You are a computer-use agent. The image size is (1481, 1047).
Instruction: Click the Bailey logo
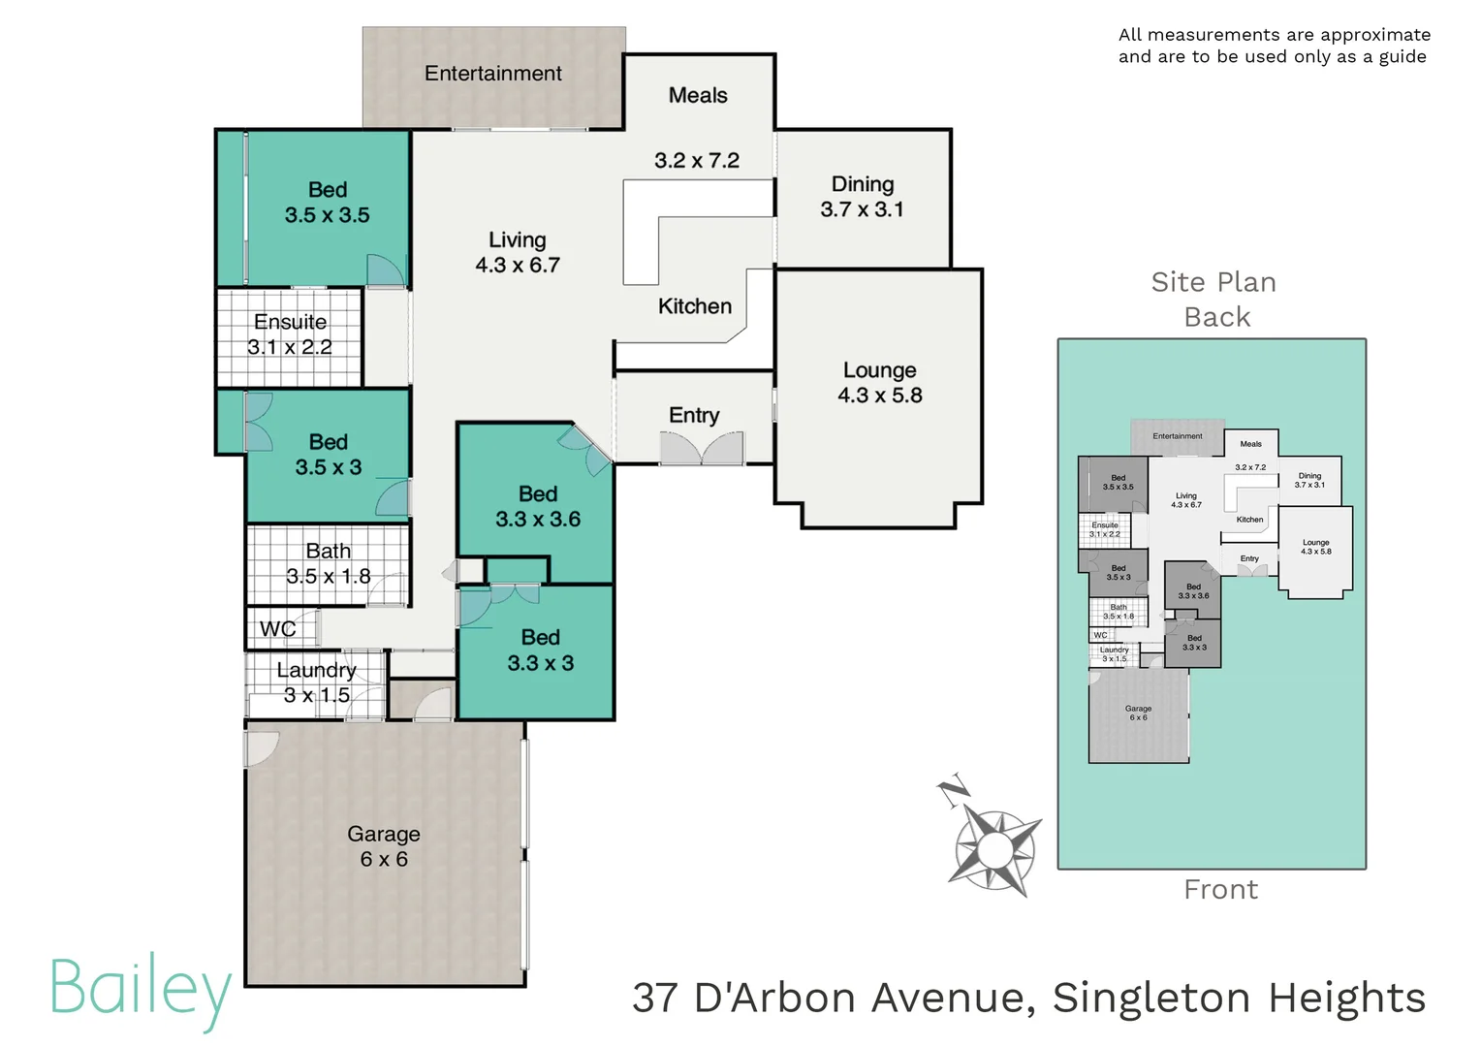click(140, 989)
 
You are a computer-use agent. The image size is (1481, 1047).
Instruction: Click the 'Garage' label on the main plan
click(384, 834)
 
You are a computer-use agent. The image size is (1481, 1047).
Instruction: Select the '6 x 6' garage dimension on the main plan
click(384, 859)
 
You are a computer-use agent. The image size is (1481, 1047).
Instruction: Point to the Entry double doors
click(702, 448)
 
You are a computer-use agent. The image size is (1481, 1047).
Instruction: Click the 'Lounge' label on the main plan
click(879, 370)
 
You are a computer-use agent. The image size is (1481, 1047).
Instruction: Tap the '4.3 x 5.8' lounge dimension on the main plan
click(879, 396)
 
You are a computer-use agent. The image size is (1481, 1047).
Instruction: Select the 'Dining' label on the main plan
click(863, 184)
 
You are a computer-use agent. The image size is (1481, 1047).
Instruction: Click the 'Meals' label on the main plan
click(698, 95)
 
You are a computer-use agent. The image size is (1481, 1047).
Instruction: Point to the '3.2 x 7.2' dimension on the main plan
click(697, 161)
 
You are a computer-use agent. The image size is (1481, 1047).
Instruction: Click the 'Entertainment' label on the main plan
click(492, 74)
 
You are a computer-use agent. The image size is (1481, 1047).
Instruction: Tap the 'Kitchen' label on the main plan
click(695, 306)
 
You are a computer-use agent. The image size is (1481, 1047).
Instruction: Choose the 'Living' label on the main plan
click(517, 239)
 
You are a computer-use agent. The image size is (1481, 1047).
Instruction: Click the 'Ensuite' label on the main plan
click(290, 322)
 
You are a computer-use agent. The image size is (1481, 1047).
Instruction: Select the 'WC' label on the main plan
click(277, 629)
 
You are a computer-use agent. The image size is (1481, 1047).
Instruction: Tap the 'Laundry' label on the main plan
click(316, 670)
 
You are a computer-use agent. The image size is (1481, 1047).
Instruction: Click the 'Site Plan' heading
click(1213, 282)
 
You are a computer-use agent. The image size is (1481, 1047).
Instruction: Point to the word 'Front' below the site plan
click(1220, 890)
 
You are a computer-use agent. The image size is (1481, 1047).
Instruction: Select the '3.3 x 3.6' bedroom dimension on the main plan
click(538, 520)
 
